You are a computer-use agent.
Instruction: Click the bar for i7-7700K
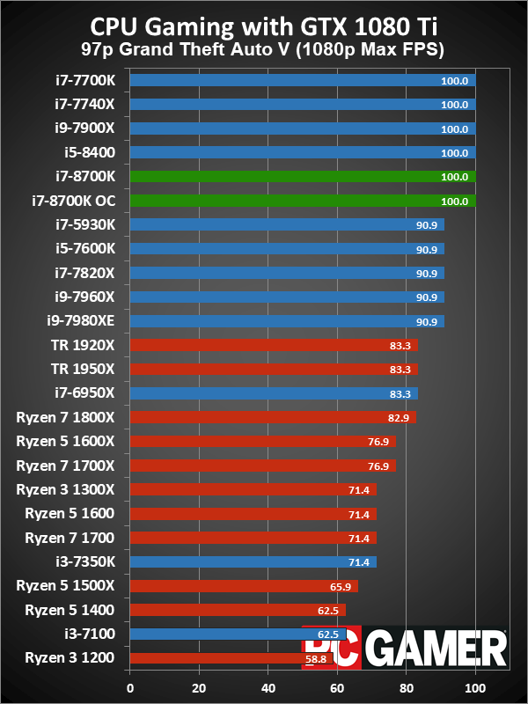pyautogui.click(x=303, y=80)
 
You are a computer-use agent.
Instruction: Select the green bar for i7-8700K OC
pyautogui.click(x=303, y=201)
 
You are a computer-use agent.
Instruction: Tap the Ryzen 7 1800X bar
pyautogui.click(x=273, y=417)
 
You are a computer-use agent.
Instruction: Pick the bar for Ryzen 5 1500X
pyautogui.click(x=244, y=585)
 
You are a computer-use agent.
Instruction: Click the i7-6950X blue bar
pyautogui.click(x=274, y=393)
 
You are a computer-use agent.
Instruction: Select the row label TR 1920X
pyautogui.click(x=86, y=345)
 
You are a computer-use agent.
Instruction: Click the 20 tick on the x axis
pyautogui.click(x=199, y=687)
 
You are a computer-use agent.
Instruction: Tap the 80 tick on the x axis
pyautogui.click(x=407, y=687)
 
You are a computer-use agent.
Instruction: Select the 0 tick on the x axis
pyautogui.click(x=130, y=687)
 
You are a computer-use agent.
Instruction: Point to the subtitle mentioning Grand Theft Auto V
pyautogui.click(x=263, y=50)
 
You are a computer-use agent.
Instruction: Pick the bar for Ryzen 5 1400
pyautogui.click(x=238, y=609)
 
